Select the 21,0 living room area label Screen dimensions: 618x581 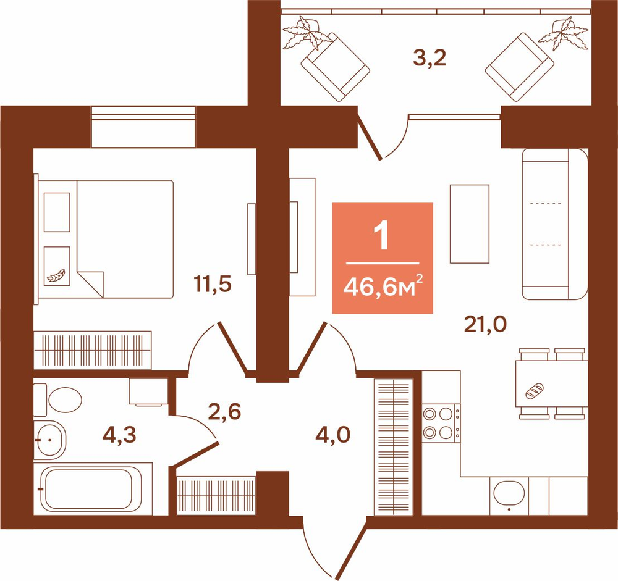[x=485, y=325]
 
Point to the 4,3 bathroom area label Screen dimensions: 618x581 [x=119, y=435]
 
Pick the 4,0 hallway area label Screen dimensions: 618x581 [x=333, y=435]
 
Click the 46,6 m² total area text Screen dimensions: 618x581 [x=383, y=286]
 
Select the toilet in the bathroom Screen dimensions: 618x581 [x=57, y=399]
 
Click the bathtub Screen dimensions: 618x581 [x=93, y=488]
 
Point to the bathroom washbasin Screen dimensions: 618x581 [x=49, y=440]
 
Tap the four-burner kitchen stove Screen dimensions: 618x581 [x=441, y=424]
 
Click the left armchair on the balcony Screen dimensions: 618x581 [x=335, y=67]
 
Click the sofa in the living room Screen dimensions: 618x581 [x=555, y=224]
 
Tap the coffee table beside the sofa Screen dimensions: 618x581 [x=470, y=224]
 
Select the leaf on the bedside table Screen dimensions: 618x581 [x=56, y=275]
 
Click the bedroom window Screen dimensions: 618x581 [x=143, y=127]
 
